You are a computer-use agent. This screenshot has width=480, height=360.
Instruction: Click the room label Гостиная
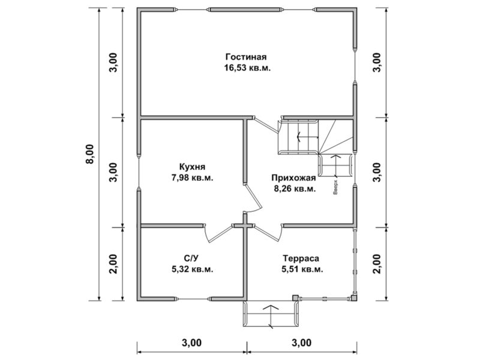[246, 57]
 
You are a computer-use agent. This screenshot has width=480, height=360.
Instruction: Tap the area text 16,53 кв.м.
[248, 68]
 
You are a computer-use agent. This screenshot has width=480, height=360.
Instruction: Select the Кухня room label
[192, 167]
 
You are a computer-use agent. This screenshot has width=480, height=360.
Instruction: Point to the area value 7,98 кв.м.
[193, 178]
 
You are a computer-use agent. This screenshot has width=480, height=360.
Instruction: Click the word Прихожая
[293, 178]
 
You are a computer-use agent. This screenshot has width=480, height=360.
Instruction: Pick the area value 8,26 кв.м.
[295, 189]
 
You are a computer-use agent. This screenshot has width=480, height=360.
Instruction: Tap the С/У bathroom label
[191, 259]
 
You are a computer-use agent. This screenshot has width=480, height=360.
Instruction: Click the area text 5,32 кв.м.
[193, 269]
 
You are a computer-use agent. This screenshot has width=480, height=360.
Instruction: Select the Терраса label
[301, 259]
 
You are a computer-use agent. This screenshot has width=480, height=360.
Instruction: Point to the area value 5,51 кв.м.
[302, 269]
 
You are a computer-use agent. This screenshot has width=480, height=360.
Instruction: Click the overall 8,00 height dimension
[91, 154]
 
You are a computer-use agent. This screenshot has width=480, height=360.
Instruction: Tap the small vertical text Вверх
[335, 187]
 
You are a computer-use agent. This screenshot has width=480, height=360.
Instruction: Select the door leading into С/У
[218, 233]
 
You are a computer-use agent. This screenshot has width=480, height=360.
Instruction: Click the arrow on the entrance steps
[271, 316]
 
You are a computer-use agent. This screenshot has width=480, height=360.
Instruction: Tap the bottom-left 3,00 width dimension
[192, 343]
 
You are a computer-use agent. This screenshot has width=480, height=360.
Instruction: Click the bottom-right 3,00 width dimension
[302, 343]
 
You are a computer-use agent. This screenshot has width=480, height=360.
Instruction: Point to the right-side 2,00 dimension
[377, 264]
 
